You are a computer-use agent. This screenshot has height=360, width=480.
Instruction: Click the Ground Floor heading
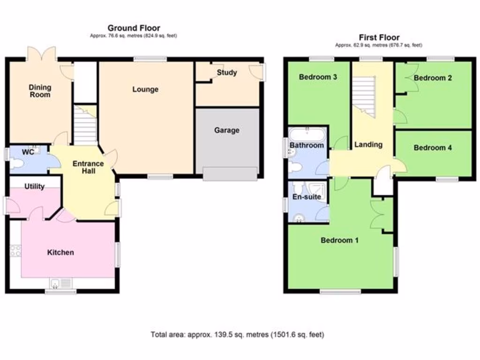(134, 28)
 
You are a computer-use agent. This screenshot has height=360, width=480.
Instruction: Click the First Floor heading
(379, 37)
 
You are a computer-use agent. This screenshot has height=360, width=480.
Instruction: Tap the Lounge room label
(145, 89)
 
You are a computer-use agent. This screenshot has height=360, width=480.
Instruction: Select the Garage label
(227, 130)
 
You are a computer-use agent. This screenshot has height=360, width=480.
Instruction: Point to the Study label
(227, 73)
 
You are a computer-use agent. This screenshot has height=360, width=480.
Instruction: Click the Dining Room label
(40, 91)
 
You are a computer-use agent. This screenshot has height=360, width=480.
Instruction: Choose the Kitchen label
(60, 252)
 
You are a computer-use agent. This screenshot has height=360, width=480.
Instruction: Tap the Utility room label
(35, 187)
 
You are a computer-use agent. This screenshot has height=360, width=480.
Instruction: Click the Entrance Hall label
(88, 167)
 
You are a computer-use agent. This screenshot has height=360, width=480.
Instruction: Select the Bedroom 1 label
(339, 240)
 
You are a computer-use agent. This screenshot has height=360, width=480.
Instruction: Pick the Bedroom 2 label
(433, 78)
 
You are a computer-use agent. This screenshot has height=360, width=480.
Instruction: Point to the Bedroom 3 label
(318, 77)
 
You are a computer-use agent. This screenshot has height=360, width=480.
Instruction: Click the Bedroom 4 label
(433, 148)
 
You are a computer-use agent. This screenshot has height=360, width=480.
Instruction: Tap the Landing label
(368, 144)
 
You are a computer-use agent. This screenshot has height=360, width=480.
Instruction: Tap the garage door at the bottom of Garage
(230, 173)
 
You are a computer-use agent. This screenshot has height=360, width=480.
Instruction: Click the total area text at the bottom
(237, 335)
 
